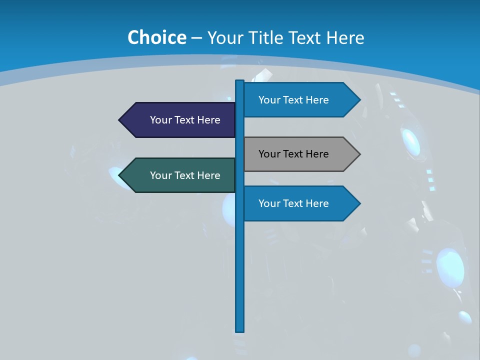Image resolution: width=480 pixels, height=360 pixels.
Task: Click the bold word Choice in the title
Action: (156, 37)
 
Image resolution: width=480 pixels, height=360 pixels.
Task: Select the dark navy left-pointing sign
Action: (180, 120)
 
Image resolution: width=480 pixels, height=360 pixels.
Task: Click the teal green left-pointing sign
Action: (180, 175)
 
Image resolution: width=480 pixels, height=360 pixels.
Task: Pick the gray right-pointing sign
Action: (297, 154)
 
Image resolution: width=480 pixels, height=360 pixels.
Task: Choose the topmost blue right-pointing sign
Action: (297, 100)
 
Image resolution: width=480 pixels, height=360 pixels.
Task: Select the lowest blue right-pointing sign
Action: (297, 203)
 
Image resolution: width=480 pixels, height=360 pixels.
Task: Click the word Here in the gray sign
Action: (316, 154)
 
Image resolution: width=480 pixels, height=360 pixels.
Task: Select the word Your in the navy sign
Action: (161, 120)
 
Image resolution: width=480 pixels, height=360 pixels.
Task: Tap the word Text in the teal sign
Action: (184, 175)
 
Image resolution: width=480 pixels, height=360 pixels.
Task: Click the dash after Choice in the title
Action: (196, 38)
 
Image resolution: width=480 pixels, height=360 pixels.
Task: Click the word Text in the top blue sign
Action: (293, 100)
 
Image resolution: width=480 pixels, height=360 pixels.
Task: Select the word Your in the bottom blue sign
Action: (269, 203)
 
